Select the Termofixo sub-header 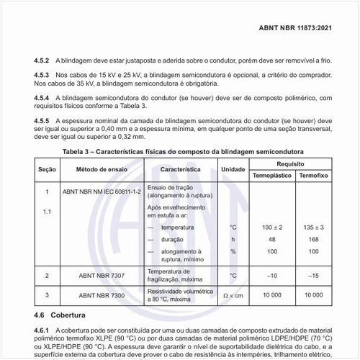pos(314,176)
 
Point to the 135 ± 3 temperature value pos(314,228)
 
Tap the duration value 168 pos(314,239)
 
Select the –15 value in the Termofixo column pos(314,275)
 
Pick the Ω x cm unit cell pos(233,295)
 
